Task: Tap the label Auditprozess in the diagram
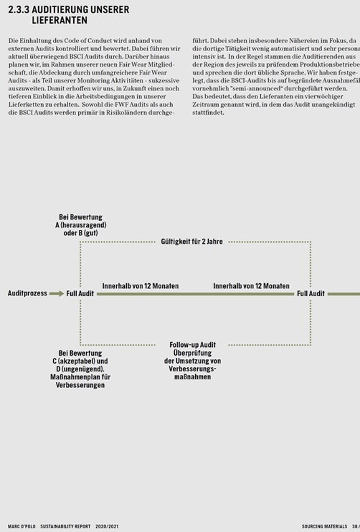[x=27, y=294]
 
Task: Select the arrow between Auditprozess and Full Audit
[x=56, y=294]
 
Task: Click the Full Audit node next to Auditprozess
[x=80, y=294]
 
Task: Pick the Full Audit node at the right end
[x=311, y=294]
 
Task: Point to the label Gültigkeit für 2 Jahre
[x=192, y=242]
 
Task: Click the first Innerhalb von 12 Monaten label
[x=140, y=286]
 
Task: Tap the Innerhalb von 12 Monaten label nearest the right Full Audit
[x=251, y=286]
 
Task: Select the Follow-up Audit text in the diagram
[x=193, y=345]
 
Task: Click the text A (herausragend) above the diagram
[x=81, y=225]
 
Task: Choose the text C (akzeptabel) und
[x=80, y=361]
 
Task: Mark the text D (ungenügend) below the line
[x=81, y=369]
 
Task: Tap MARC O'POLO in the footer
[x=21, y=527]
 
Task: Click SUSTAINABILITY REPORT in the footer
[x=65, y=527]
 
